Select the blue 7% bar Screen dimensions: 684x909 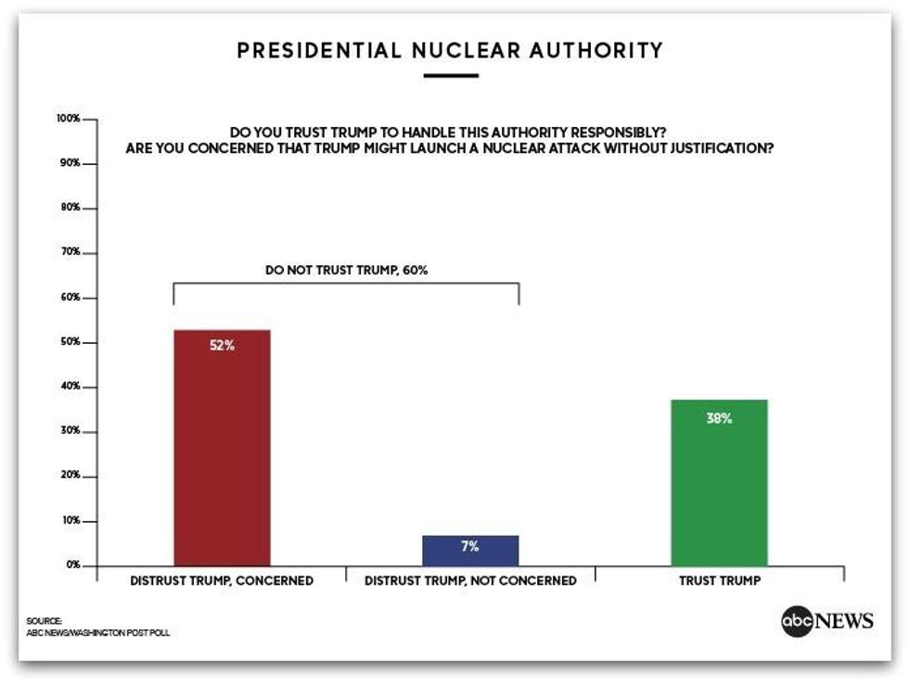point(470,551)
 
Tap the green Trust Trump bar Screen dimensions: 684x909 point(719,482)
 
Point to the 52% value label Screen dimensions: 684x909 point(222,346)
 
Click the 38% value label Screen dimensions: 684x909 point(719,418)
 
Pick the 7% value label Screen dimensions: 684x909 point(470,547)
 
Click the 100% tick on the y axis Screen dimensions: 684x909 point(70,120)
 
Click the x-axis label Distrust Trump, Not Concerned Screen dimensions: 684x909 point(470,581)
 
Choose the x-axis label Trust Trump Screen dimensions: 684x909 point(719,581)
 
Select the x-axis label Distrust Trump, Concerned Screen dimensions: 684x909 point(222,581)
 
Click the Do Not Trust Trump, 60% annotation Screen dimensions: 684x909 point(346,271)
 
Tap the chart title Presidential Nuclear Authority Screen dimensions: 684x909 point(450,50)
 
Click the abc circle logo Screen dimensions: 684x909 point(797,621)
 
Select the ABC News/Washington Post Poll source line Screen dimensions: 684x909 point(98,633)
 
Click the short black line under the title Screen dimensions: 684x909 point(450,76)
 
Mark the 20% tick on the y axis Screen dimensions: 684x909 point(72,476)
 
